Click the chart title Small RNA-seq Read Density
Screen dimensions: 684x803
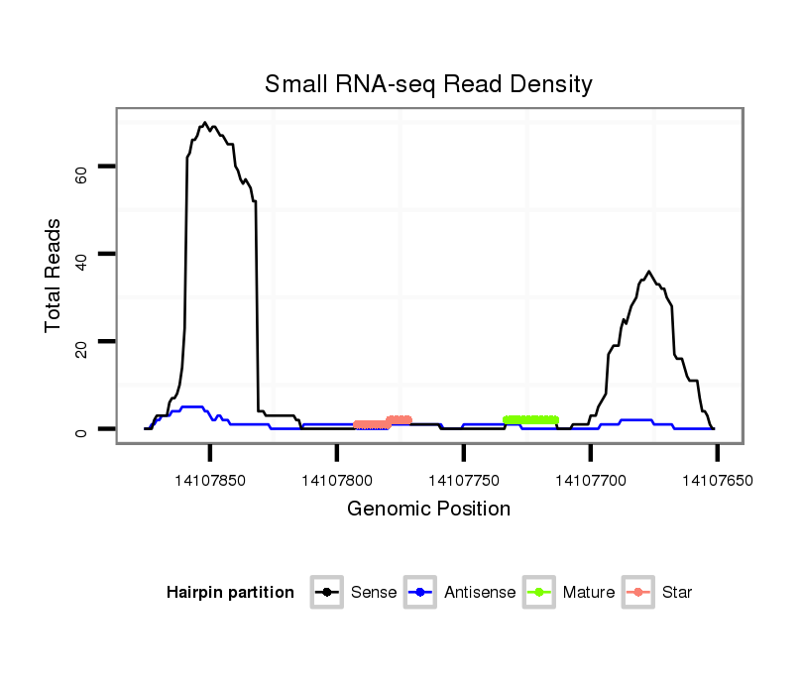pos(428,84)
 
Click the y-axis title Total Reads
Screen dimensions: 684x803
pos(56,276)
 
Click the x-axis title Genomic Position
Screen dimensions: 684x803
pos(428,510)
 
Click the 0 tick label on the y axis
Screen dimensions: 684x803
pos(81,429)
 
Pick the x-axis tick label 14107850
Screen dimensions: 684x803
pos(210,482)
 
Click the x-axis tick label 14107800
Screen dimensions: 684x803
pos(337,482)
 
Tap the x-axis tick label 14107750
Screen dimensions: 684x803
pos(464,482)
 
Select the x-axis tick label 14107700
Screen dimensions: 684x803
pos(591,482)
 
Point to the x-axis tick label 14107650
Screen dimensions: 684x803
pos(717,482)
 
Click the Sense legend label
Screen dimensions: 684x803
pos(374,593)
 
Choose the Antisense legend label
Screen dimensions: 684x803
pos(481,593)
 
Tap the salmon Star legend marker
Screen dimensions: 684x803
pos(639,593)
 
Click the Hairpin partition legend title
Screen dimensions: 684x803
pos(230,593)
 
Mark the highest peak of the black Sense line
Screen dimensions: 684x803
pos(205,123)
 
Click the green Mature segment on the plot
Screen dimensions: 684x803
pos(530,420)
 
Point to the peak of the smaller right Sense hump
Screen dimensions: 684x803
pos(648,271)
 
